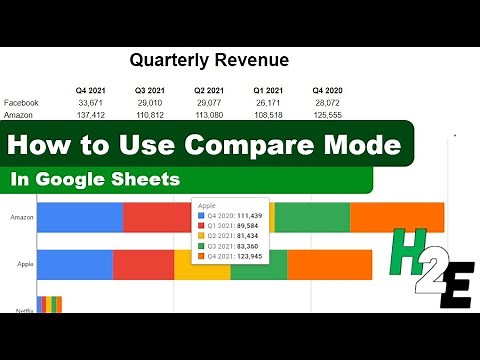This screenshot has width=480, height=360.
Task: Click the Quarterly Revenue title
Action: [x=209, y=60]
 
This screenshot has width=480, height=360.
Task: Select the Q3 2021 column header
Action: [x=149, y=90]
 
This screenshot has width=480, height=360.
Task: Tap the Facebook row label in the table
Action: [x=22, y=103]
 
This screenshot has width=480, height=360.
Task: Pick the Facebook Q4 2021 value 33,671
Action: [x=90, y=103]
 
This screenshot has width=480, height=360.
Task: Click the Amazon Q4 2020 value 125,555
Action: [x=326, y=116]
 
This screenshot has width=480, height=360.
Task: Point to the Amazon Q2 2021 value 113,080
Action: [x=208, y=116]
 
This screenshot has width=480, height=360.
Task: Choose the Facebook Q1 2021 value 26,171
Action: [x=267, y=103]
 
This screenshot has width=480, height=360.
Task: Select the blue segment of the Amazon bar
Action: [x=80, y=217]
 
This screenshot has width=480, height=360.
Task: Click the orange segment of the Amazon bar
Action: [x=397, y=217]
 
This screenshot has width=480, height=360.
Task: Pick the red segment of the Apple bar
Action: [x=143, y=264]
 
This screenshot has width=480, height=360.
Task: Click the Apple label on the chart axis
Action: [x=27, y=264]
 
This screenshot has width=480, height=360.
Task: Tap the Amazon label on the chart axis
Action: [x=22, y=217]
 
